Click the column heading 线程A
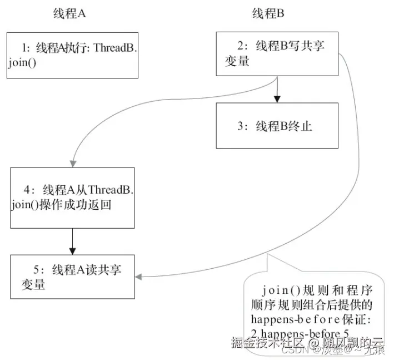coord(69,14)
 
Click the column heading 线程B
coord(268,14)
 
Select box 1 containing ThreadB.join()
coord(72,55)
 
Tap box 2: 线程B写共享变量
coord(277,54)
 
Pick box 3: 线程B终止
coord(277,126)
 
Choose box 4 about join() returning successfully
coord(72,197)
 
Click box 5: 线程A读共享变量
coord(72,277)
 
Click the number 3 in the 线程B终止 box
coord(240,126)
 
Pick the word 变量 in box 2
coord(237,62)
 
